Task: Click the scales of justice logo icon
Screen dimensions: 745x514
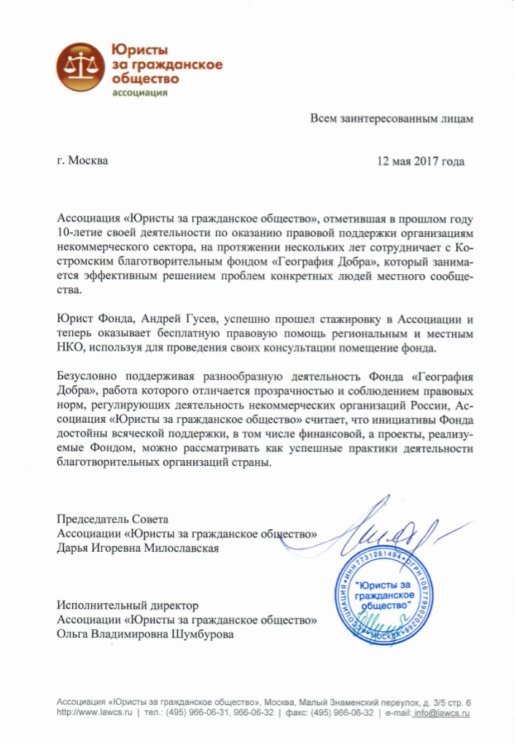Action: coord(81,67)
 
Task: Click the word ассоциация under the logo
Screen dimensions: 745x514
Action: coord(139,92)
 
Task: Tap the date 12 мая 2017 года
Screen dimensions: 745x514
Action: coord(420,161)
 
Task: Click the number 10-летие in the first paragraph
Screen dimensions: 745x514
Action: coord(79,233)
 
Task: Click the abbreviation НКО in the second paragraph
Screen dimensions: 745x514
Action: coord(70,348)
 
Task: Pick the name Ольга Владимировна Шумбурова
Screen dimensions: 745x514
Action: coord(146,634)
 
